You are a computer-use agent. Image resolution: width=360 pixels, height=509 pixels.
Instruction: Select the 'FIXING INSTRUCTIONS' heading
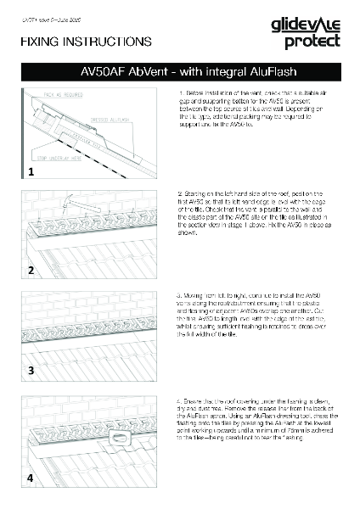tap(85, 41)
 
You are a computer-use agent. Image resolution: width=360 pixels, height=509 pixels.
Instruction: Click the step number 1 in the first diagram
tap(30, 171)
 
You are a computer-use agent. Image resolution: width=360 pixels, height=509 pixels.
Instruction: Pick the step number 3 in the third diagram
tap(30, 371)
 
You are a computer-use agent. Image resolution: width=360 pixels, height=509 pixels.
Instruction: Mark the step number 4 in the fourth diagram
tap(30, 478)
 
